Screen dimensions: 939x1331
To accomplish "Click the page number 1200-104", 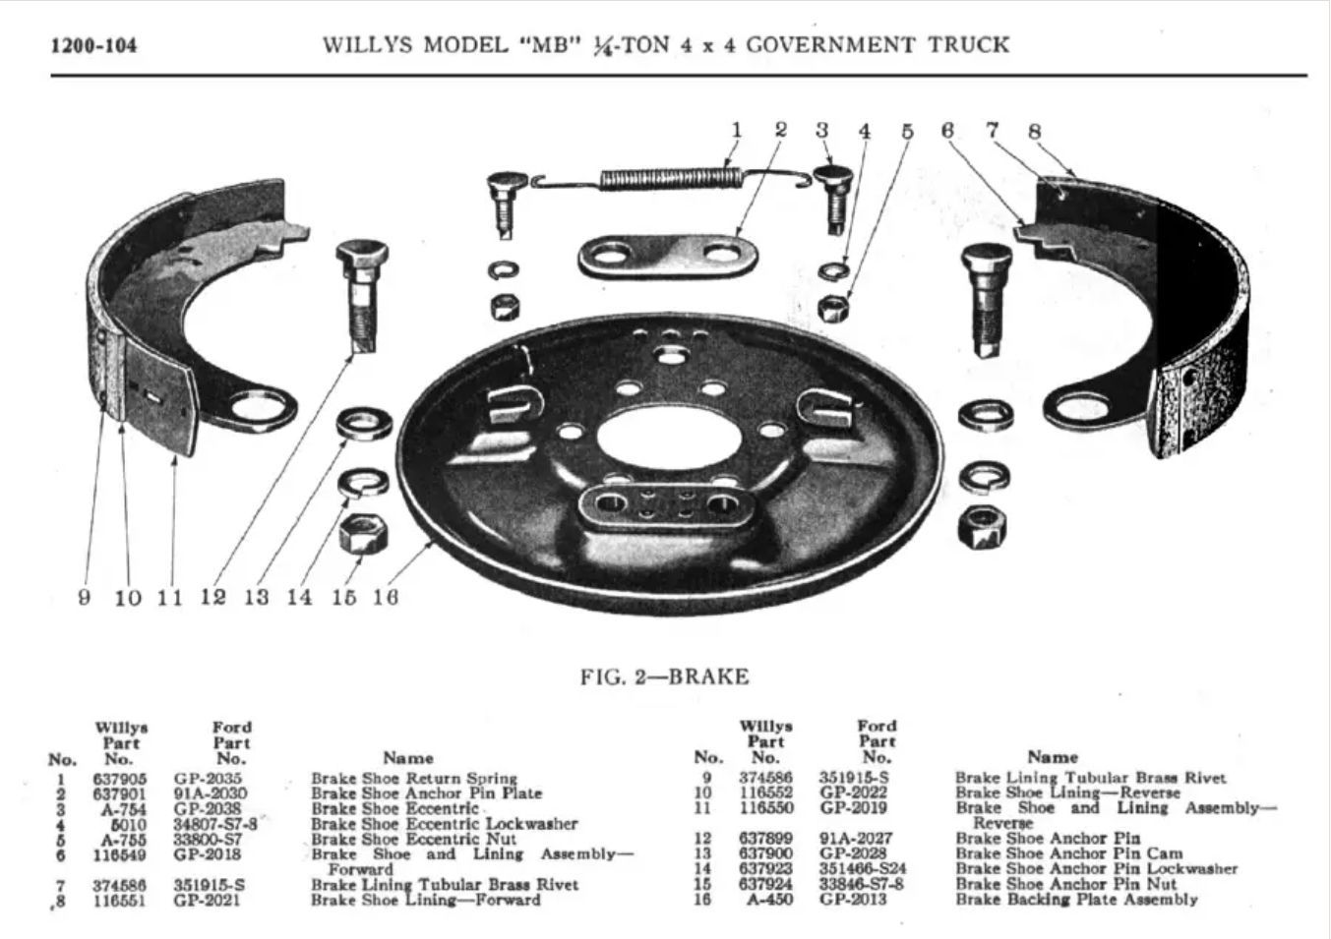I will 94,45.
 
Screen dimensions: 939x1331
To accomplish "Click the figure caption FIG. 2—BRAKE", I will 664,676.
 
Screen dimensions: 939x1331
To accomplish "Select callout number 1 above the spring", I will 736,130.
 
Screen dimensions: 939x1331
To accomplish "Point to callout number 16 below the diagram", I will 386,597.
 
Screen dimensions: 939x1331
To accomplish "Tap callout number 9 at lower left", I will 85,597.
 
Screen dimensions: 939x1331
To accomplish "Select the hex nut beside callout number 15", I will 362,535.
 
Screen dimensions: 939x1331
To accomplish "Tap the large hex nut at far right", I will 981,527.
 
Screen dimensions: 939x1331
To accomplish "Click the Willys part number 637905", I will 119,779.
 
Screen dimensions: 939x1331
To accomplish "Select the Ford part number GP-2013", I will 853,899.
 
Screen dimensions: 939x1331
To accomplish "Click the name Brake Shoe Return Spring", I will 413,779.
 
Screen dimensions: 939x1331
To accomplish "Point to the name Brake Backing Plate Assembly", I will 1076,899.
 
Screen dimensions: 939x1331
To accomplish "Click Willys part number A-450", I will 770,899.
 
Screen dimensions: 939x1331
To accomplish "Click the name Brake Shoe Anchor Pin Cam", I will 1068,853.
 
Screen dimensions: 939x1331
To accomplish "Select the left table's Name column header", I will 407,758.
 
